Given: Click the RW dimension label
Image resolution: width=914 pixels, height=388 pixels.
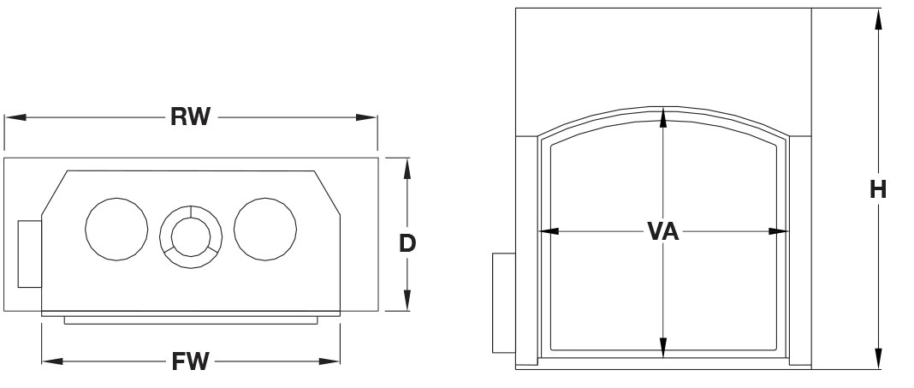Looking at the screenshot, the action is point(190,116).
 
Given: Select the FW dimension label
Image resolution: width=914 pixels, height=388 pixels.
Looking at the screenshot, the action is point(190,361).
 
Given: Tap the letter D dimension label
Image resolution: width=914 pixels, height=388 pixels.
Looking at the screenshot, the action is point(407,243).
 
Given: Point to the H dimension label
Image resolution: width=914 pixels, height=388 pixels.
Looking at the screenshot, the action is point(878,189).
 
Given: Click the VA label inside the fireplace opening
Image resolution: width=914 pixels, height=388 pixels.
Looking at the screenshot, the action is point(663,231).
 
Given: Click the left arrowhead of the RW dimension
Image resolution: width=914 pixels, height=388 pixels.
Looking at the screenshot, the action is point(15,117).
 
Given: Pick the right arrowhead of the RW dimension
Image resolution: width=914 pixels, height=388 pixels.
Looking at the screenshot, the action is point(366,117).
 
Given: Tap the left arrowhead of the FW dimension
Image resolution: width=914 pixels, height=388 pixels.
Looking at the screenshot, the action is point(52,361).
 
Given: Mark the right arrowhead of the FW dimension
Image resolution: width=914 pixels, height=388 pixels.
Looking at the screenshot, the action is point(329,361).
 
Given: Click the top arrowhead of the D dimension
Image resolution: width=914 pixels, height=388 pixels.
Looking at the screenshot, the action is point(407,169).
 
